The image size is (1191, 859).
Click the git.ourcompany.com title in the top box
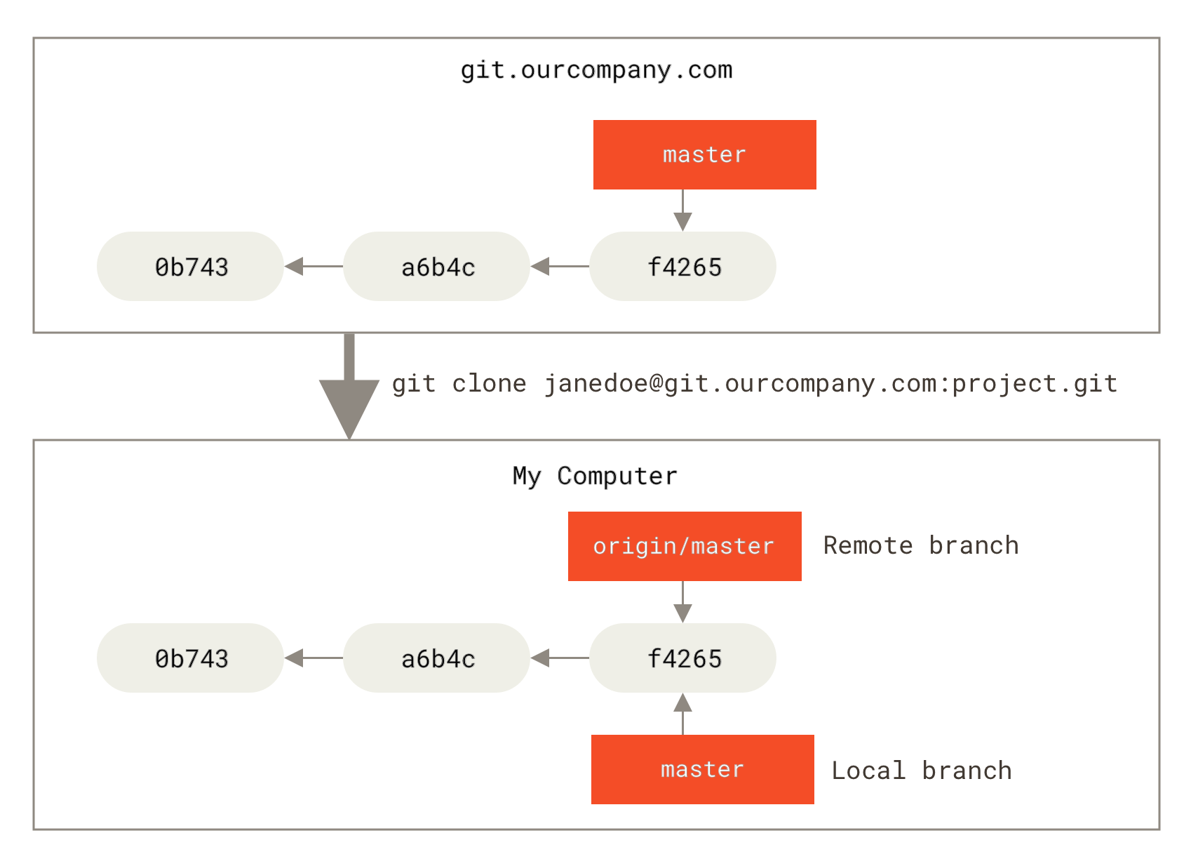point(596,70)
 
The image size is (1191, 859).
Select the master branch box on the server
point(704,154)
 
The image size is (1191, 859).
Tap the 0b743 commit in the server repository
point(190,267)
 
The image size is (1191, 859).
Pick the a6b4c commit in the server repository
point(436,267)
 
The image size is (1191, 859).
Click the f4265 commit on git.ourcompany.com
point(682,267)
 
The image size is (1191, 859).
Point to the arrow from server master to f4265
point(682,211)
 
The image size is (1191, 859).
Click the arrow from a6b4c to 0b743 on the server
point(313,267)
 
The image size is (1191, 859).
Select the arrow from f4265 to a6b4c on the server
point(559,267)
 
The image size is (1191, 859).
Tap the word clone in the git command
point(489,384)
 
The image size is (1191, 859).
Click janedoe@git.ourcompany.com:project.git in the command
point(830,384)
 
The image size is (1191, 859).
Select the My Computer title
point(595,476)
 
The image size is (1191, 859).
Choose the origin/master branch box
point(685,546)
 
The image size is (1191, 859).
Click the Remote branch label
point(920,545)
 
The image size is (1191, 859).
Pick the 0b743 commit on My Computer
point(190,658)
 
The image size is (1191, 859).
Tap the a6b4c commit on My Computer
point(436,658)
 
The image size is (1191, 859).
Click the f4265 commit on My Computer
point(682,658)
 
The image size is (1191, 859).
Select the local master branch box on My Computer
point(702,769)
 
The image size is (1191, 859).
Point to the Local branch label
point(921,771)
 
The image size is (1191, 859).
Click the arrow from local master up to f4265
point(682,714)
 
